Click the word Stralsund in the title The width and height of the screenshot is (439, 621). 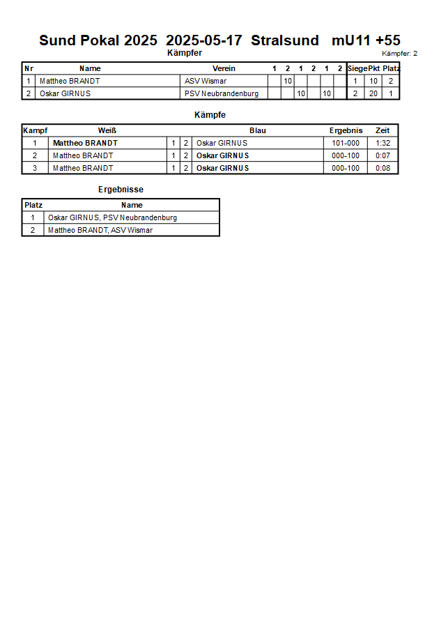285,40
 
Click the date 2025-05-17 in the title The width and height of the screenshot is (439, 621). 204,40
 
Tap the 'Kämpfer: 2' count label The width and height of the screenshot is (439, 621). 399,54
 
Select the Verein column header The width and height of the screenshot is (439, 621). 224,68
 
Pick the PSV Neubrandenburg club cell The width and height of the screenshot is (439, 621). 222,93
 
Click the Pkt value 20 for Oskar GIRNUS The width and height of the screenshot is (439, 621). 373,93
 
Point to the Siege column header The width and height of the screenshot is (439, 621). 357,68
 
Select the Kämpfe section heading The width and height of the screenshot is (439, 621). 209,115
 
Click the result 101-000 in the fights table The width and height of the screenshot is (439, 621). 346,143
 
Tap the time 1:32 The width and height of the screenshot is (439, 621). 383,143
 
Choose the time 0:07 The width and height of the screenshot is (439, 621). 383,155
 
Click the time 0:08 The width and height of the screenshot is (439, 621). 383,168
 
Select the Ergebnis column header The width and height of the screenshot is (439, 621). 346,130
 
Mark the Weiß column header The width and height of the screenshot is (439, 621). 107,130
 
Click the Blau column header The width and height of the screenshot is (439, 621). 258,130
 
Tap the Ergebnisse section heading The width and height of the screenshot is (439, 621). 121,190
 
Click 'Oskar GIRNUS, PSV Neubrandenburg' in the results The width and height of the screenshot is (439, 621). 112,217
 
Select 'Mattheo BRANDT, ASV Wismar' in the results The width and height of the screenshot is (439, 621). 100,230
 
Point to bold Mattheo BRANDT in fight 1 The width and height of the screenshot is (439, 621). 85,143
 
